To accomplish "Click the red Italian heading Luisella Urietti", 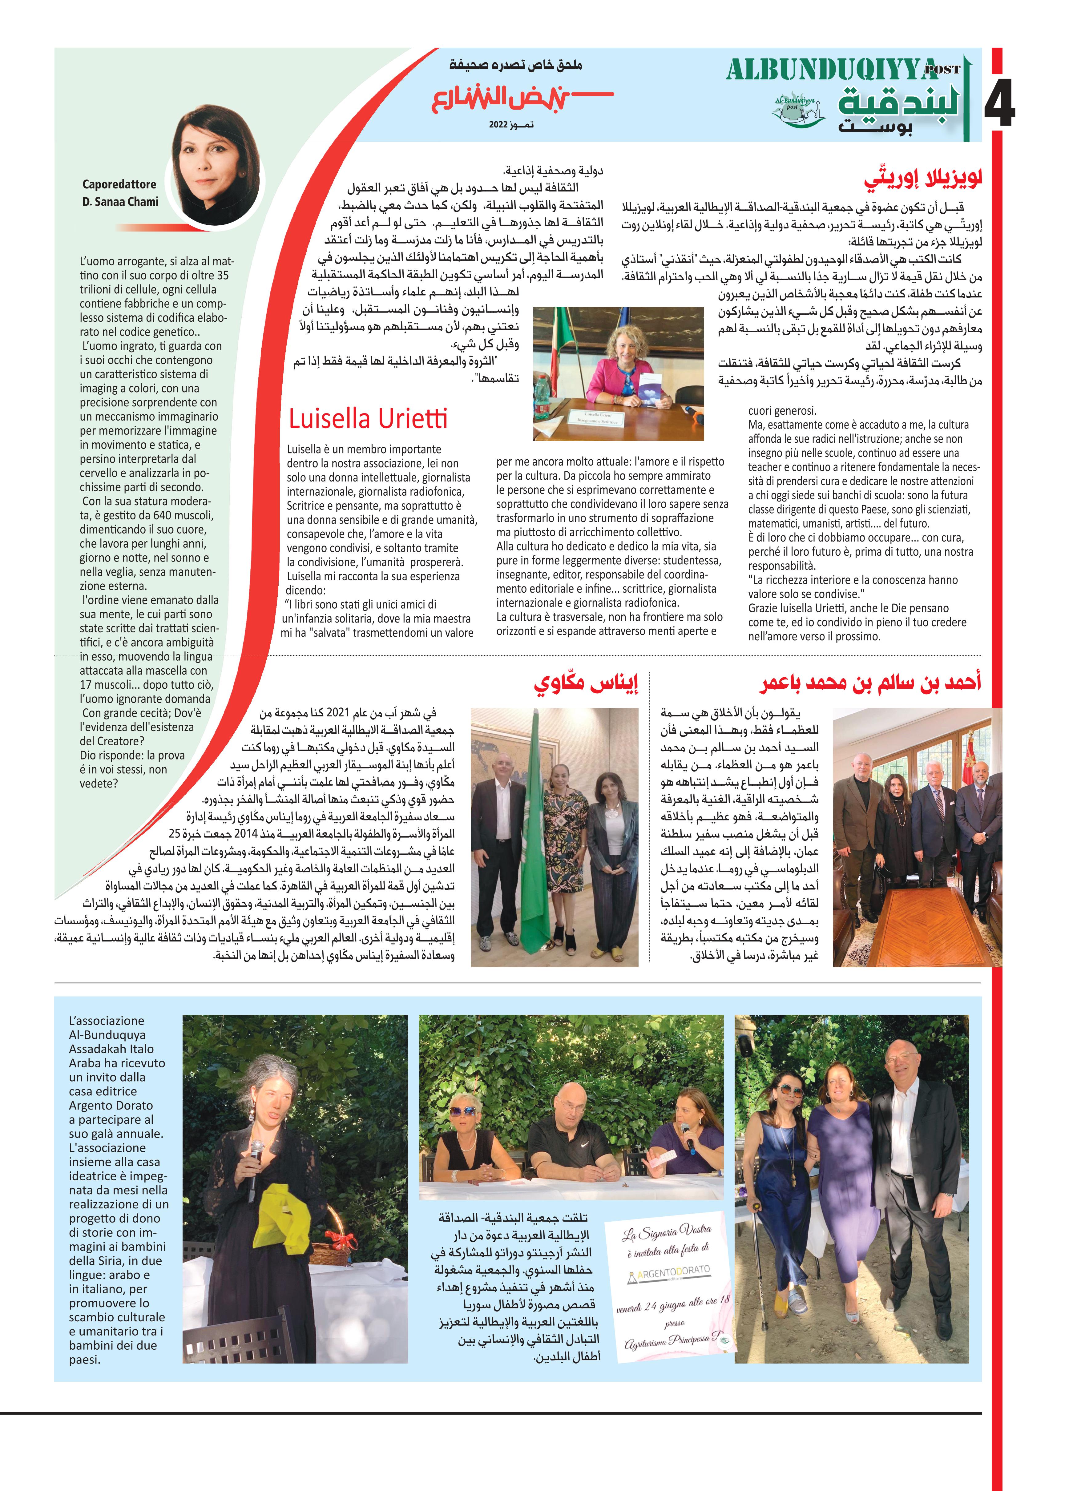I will pos(368,418).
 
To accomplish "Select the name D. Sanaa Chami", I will pos(120,202).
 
